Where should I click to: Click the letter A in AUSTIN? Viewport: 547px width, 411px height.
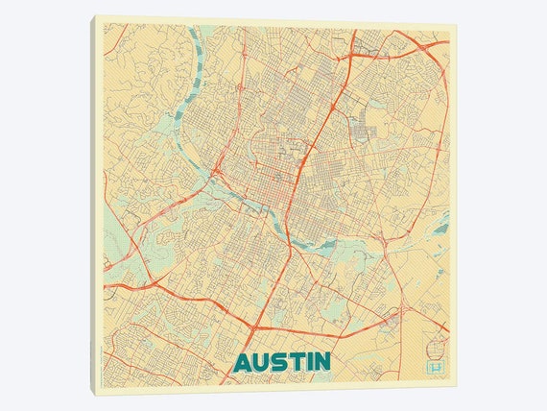click(x=243, y=362)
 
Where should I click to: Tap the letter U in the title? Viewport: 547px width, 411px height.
click(x=260, y=362)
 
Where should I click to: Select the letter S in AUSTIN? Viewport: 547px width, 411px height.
click(x=277, y=362)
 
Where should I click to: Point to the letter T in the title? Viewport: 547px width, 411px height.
click(x=293, y=362)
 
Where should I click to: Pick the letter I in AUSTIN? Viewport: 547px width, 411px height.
click(x=305, y=362)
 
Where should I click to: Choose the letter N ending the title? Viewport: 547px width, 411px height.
click(x=320, y=362)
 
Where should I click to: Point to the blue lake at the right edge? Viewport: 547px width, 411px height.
click(x=440, y=228)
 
